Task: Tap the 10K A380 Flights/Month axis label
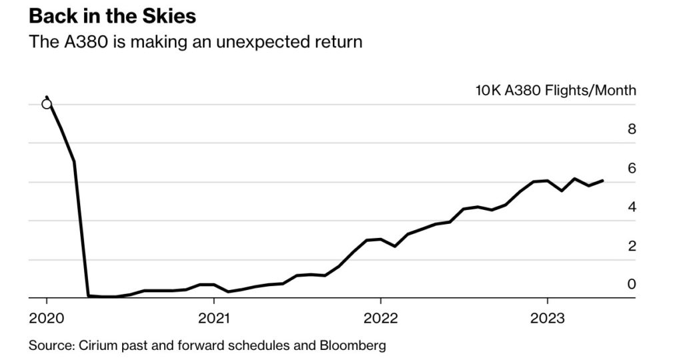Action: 556,91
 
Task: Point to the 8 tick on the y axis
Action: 632,129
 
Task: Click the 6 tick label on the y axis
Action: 632,168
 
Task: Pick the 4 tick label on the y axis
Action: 632,207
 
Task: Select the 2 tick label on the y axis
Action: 632,246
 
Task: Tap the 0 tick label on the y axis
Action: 632,285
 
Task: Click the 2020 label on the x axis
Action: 47,318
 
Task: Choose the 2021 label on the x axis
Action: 213,318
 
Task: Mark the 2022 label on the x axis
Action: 380,318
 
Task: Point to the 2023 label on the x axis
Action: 547,318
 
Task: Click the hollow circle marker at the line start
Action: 47,103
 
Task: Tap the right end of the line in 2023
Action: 603,181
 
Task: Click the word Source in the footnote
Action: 49,346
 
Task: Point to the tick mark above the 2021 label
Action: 213,302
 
